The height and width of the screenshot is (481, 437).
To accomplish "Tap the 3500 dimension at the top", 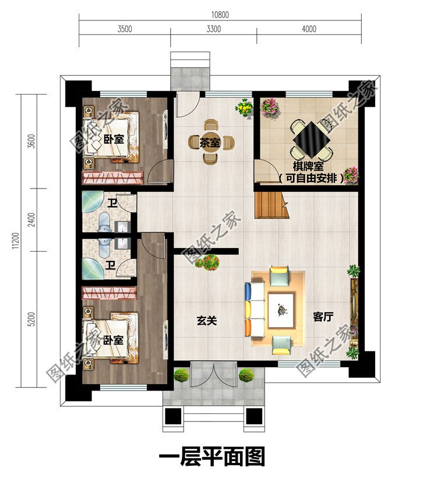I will click(125, 29).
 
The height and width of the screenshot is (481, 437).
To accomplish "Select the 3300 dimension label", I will click(213, 29).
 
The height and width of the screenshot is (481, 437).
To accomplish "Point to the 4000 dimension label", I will click(309, 29).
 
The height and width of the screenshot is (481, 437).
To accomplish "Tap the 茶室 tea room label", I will click(210, 141).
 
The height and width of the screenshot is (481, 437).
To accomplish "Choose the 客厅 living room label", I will click(323, 317).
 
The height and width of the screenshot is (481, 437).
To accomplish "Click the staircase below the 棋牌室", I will click(270, 205).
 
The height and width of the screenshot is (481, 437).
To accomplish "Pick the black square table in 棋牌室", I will click(310, 139).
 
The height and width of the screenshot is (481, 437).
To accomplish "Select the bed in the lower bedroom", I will click(114, 340).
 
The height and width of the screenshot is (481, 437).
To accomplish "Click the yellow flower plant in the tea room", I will click(244, 108).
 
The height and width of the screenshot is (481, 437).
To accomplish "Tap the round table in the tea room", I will click(210, 141).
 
